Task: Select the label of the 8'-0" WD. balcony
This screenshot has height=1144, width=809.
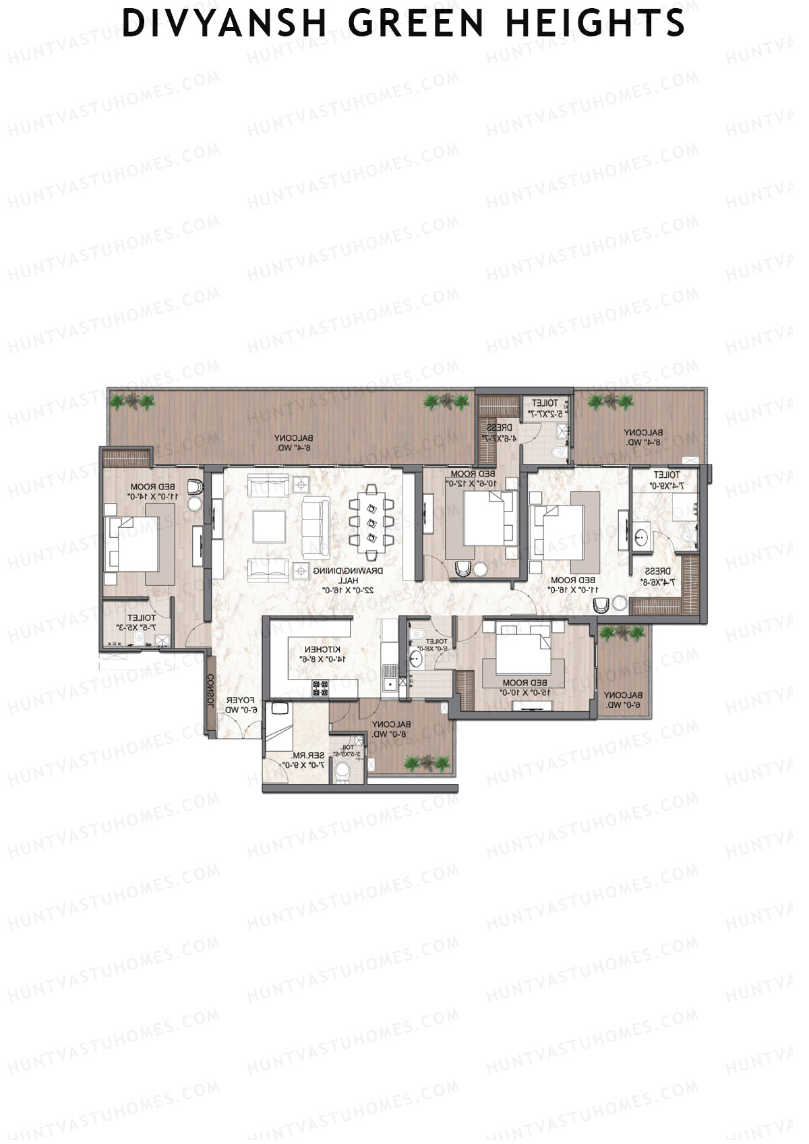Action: click(390, 729)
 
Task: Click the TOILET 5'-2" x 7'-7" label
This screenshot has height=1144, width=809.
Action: click(545, 407)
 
